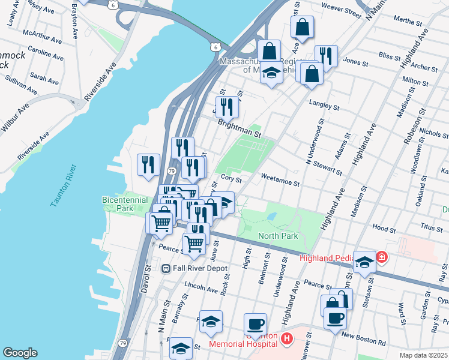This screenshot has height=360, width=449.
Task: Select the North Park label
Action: [278, 236]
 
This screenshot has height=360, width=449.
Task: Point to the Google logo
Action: [20, 353]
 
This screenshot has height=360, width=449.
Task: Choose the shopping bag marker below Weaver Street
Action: [303, 27]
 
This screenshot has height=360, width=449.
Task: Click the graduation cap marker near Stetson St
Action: [364, 262]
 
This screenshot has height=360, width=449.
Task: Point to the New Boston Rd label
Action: [363, 339]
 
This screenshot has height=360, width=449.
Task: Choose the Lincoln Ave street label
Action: [202, 289]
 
